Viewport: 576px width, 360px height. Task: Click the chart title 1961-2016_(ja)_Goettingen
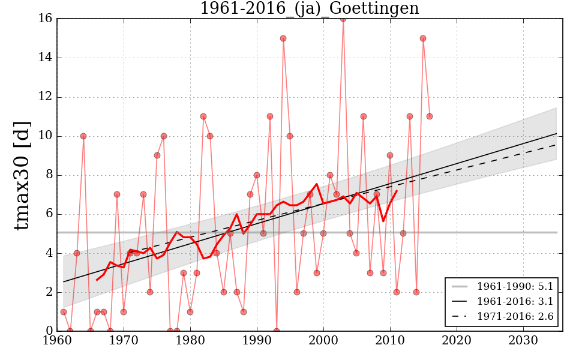tap(309, 8)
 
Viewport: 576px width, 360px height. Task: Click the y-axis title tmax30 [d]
tap(22, 174)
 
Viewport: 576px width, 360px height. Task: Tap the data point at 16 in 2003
tap(343, 19)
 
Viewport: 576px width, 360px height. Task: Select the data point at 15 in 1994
tap(283, 38)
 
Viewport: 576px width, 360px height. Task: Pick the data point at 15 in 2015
tap(423, 38)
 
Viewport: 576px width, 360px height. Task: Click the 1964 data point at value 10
tap(83, 136)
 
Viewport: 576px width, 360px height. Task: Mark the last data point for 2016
tap(430, 116)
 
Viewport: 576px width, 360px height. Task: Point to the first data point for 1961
tap(64, 312)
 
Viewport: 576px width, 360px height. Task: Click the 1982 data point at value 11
tap(203, 116)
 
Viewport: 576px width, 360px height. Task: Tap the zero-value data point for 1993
tap(277, 331)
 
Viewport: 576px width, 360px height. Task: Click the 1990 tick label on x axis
tap(257, 341)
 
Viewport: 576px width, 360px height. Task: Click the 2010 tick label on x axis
tap(390, 341)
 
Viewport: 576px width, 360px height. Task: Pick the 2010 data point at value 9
tap(390, 155)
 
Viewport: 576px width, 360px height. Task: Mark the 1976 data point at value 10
tap(163, 136)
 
